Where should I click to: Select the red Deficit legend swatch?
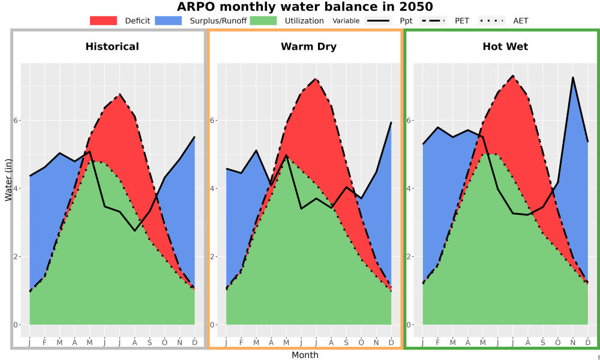[103, 20]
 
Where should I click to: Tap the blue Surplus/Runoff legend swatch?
[169, 20]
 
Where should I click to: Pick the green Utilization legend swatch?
[263, 20]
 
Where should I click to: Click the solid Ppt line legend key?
[377, 20]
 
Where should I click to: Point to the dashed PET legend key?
[433, 20]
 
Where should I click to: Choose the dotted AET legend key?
[491, 20]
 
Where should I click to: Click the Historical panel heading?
[112, 47]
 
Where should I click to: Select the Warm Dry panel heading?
[309, 47]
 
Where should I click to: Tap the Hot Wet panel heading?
[505, 47]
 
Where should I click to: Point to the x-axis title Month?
[305, 355]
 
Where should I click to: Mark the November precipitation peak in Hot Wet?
[573, 77]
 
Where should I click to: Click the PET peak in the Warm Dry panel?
[316, 79]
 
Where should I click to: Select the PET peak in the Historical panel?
[120, 94]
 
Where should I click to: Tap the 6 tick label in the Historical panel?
[16, 120]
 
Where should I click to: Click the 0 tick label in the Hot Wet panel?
[409, 325]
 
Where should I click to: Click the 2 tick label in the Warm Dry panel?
[212, 257]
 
